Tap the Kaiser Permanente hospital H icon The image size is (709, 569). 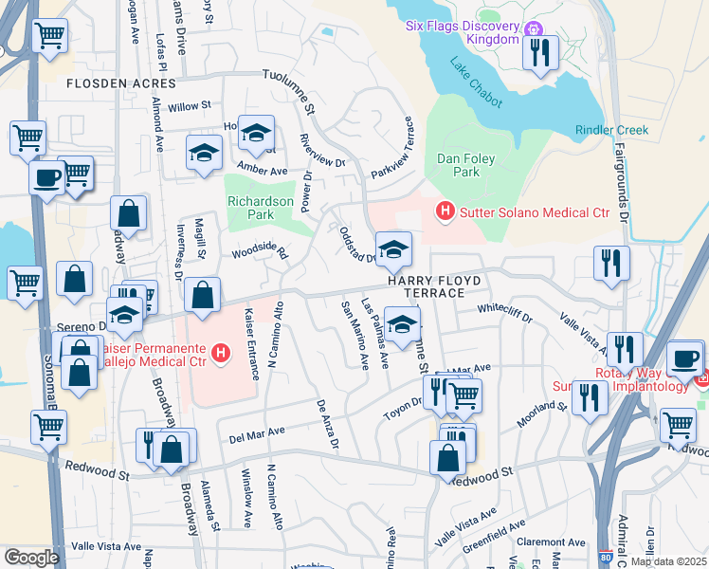[222, 354]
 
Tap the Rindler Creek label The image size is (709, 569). [610, 130]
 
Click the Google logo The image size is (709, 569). [31, 557]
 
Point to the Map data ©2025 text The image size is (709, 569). [668, 561]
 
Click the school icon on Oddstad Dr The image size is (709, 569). [394, 250]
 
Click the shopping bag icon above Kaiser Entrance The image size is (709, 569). [202, 295]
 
